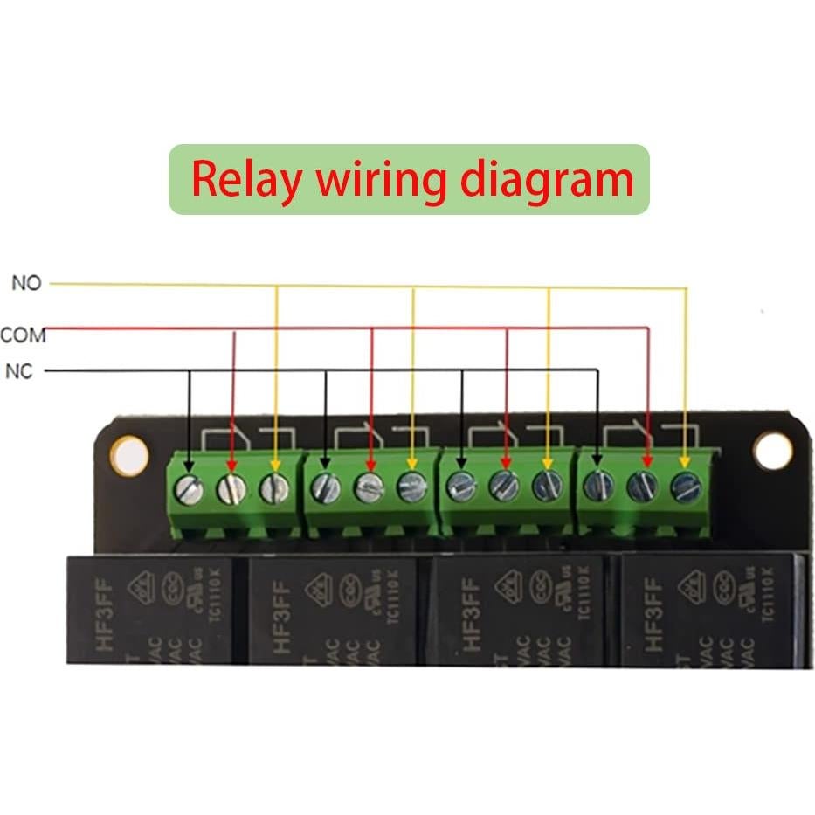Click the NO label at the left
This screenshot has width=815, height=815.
25,284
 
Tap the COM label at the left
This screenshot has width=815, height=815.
23,335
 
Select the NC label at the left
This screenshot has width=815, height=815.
18,372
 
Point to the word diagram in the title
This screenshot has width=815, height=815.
546,180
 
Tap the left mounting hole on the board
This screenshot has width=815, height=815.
129,456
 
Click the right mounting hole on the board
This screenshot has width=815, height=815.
772,451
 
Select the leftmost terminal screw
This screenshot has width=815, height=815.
189,489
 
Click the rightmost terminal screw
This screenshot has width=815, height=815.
686,487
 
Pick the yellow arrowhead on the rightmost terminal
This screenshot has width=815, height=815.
686,460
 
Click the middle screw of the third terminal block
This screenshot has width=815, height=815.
504,486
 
